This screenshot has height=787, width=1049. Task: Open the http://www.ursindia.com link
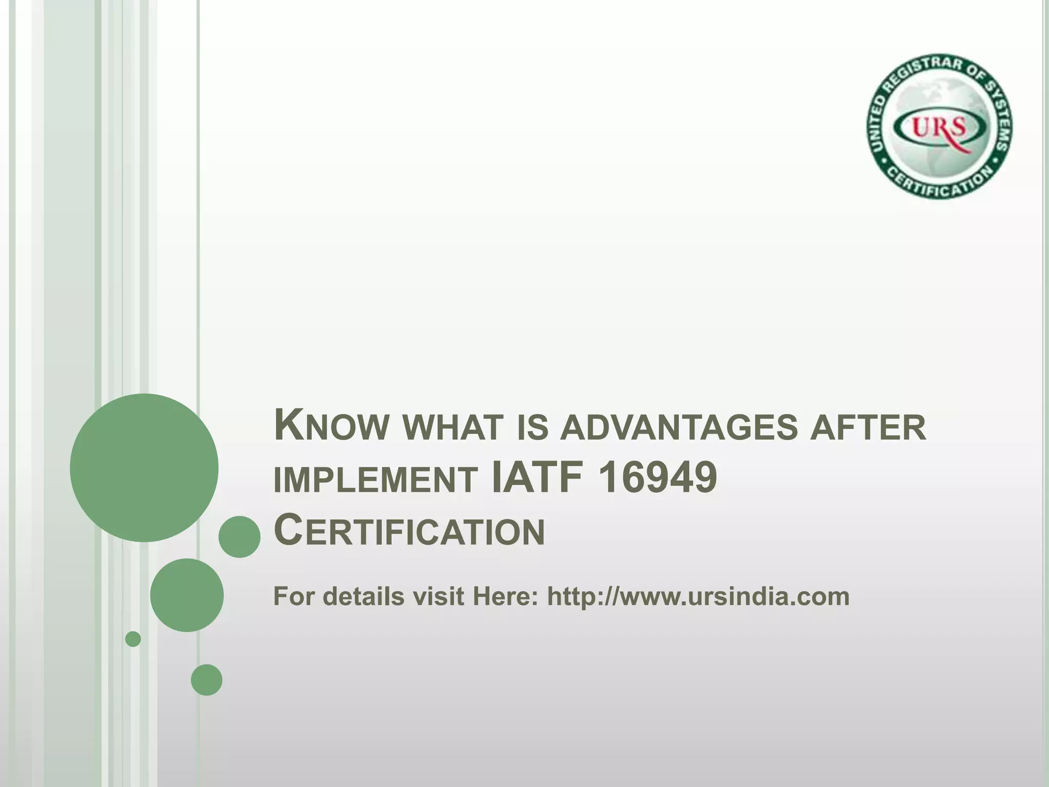[698, 597]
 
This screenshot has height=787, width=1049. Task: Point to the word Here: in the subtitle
[505, 597]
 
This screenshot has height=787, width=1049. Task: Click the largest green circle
[144, 467]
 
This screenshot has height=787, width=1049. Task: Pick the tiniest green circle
[133, 639]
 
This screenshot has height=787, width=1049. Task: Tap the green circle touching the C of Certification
[239, 536]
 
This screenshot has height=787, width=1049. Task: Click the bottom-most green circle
[206, 679]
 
